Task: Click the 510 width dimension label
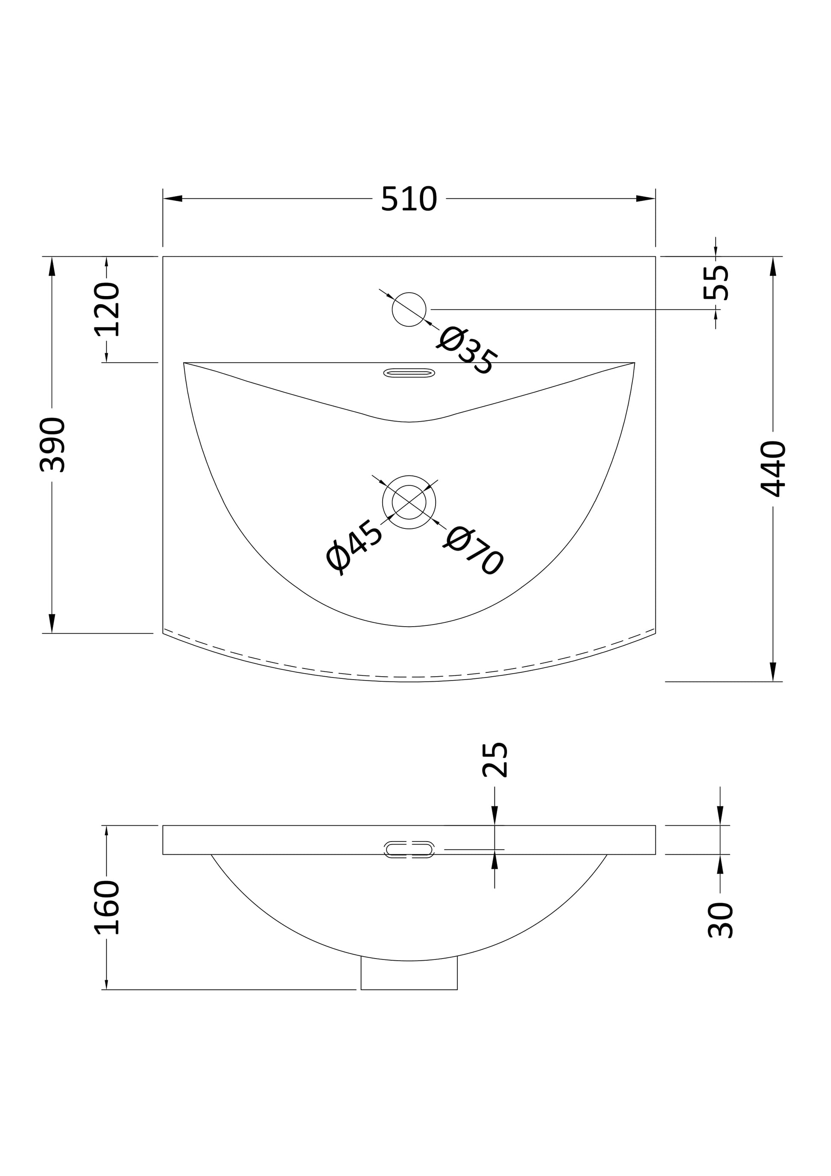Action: click(409, 199)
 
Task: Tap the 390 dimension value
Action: click(52, 445)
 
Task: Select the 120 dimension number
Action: click(107, 309)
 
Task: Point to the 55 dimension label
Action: click(716, 282)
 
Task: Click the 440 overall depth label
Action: click(772, 469)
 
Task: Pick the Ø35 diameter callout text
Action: click(466, 352)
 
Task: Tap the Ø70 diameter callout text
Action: click(473, 551)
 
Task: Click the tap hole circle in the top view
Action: click(409, 309)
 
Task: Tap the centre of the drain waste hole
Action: click(409, 502)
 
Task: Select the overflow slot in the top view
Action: click(409, 373)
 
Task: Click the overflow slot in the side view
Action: click(409, 849)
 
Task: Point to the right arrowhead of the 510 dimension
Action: click(646, 199)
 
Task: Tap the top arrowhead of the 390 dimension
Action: click(52, 267)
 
